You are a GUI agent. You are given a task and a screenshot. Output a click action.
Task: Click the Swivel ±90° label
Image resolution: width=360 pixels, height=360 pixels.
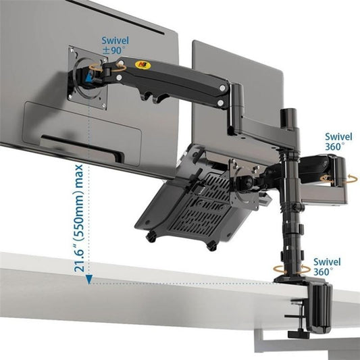115,45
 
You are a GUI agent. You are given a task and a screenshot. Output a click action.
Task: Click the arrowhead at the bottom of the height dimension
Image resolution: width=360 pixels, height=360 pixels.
90,280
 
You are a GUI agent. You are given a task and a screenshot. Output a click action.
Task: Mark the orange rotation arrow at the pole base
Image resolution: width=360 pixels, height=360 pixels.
292,271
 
